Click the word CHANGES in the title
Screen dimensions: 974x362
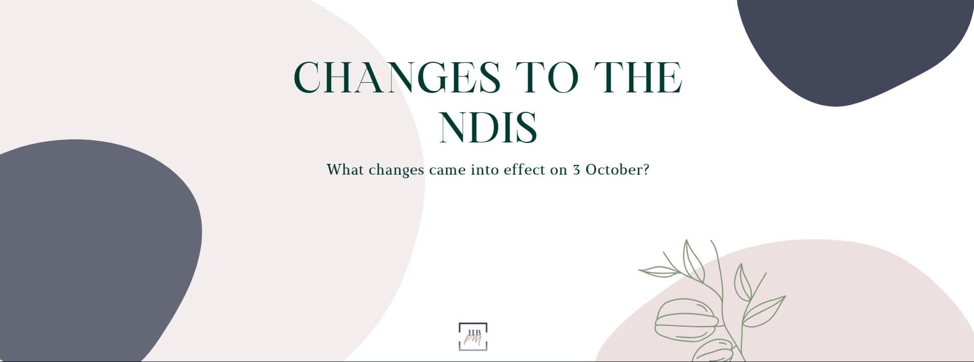397,77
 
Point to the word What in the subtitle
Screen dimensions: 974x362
345,169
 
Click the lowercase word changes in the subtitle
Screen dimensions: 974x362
396,170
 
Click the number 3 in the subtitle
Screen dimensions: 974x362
577,170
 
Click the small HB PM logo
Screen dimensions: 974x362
473,336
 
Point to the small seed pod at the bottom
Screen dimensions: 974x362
714,351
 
